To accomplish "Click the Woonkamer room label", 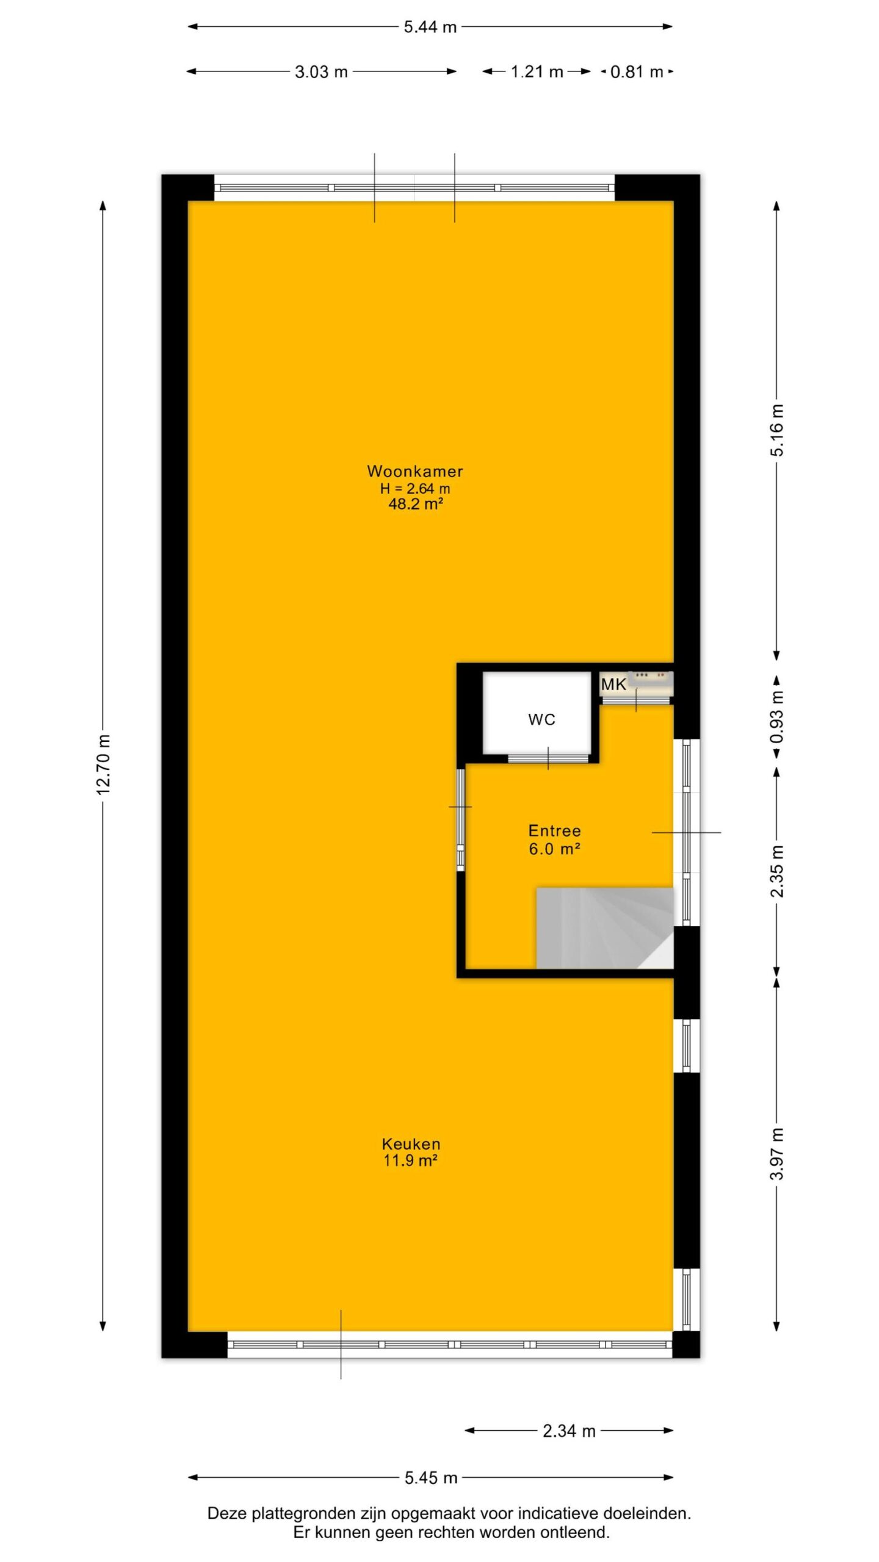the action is tap(415, 471).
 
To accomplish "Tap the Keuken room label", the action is tap(411, 1144).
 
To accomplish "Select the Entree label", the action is tap(554, 830).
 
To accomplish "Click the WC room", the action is tap(537, 713).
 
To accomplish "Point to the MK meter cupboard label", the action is tap(613, 685).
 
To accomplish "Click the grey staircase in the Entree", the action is tap(605, 928).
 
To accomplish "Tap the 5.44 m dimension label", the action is tap(430, 27).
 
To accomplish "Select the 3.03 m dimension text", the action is tap(321, 72).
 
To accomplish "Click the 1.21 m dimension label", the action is tap(537, 72).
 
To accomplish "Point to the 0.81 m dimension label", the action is tap(637, 72).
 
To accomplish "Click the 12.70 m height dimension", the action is tap(103, 764).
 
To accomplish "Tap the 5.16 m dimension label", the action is tap(776, 430).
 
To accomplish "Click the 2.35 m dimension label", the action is tap(776, 871).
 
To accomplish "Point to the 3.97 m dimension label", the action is tap(776, 1154).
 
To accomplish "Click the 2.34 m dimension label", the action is tap(569, 1431).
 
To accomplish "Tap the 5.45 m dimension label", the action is tap(431, 1478).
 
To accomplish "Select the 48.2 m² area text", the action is tap(415, 504).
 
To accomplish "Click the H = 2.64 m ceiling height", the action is tap(415, 488).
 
